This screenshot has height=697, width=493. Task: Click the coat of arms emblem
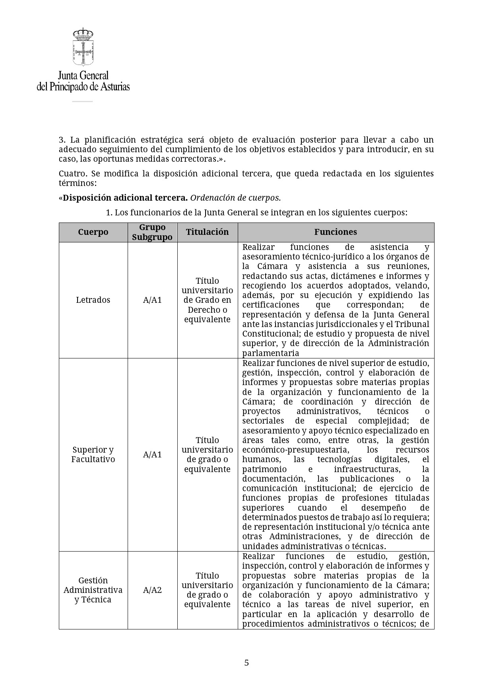[83, 47]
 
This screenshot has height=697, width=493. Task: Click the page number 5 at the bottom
[246, 662]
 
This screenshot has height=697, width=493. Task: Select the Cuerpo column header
[93, 232]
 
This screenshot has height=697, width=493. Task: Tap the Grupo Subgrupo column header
[152, 232]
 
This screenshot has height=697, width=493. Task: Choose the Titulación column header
[207, 232]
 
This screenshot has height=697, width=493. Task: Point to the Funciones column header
[336, 232]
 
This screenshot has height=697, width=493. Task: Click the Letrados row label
[93, 300]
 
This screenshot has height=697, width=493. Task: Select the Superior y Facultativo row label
[93, 455]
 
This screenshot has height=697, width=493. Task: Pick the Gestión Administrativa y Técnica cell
[93, 590]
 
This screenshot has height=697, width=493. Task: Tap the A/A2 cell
[152, 590]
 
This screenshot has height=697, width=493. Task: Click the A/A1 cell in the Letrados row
[152, 300]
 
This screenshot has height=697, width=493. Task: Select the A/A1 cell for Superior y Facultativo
[152, 455]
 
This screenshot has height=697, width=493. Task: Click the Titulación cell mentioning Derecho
[207, 300]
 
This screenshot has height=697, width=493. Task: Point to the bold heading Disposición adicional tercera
[125, 198]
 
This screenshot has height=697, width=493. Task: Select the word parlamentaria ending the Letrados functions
[271, 353]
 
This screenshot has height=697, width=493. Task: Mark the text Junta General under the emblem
[83, 76]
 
